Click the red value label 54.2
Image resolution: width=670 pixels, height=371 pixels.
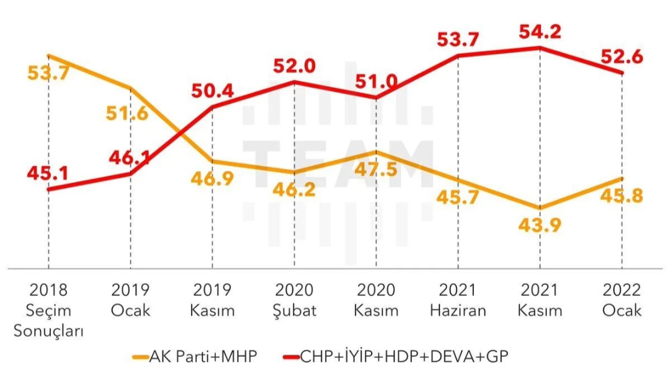point(540,32)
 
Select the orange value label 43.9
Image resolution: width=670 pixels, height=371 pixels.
point(540,225)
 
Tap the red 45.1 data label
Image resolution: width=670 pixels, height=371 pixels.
point(48,173)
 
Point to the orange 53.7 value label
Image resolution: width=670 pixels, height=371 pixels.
point(48,73)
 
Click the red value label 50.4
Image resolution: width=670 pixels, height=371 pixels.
point(212,91)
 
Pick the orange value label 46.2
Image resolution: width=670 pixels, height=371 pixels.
point(294,190)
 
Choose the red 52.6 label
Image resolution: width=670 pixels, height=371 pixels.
point(622,57)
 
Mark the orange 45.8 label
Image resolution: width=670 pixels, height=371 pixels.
point(622,196)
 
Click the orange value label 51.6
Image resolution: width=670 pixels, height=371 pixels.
point(127,113)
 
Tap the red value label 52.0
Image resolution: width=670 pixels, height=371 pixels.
point(295,66)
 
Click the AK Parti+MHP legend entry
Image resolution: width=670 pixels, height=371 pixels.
point(195,356)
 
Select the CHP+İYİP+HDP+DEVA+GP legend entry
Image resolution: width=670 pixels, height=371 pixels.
point(396,356)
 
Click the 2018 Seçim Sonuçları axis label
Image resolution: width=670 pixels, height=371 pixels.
point(48,310)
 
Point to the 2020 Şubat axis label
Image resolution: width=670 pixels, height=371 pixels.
point(295,300)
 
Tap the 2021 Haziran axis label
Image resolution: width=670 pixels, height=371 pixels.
point(458,300)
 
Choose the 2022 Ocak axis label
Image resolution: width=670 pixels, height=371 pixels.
point(622,300)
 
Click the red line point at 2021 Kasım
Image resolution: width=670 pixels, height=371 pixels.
point(540,47)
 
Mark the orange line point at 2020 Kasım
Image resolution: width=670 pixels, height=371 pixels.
point(376,151)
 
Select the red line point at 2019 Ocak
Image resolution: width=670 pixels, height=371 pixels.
point(130,173)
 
